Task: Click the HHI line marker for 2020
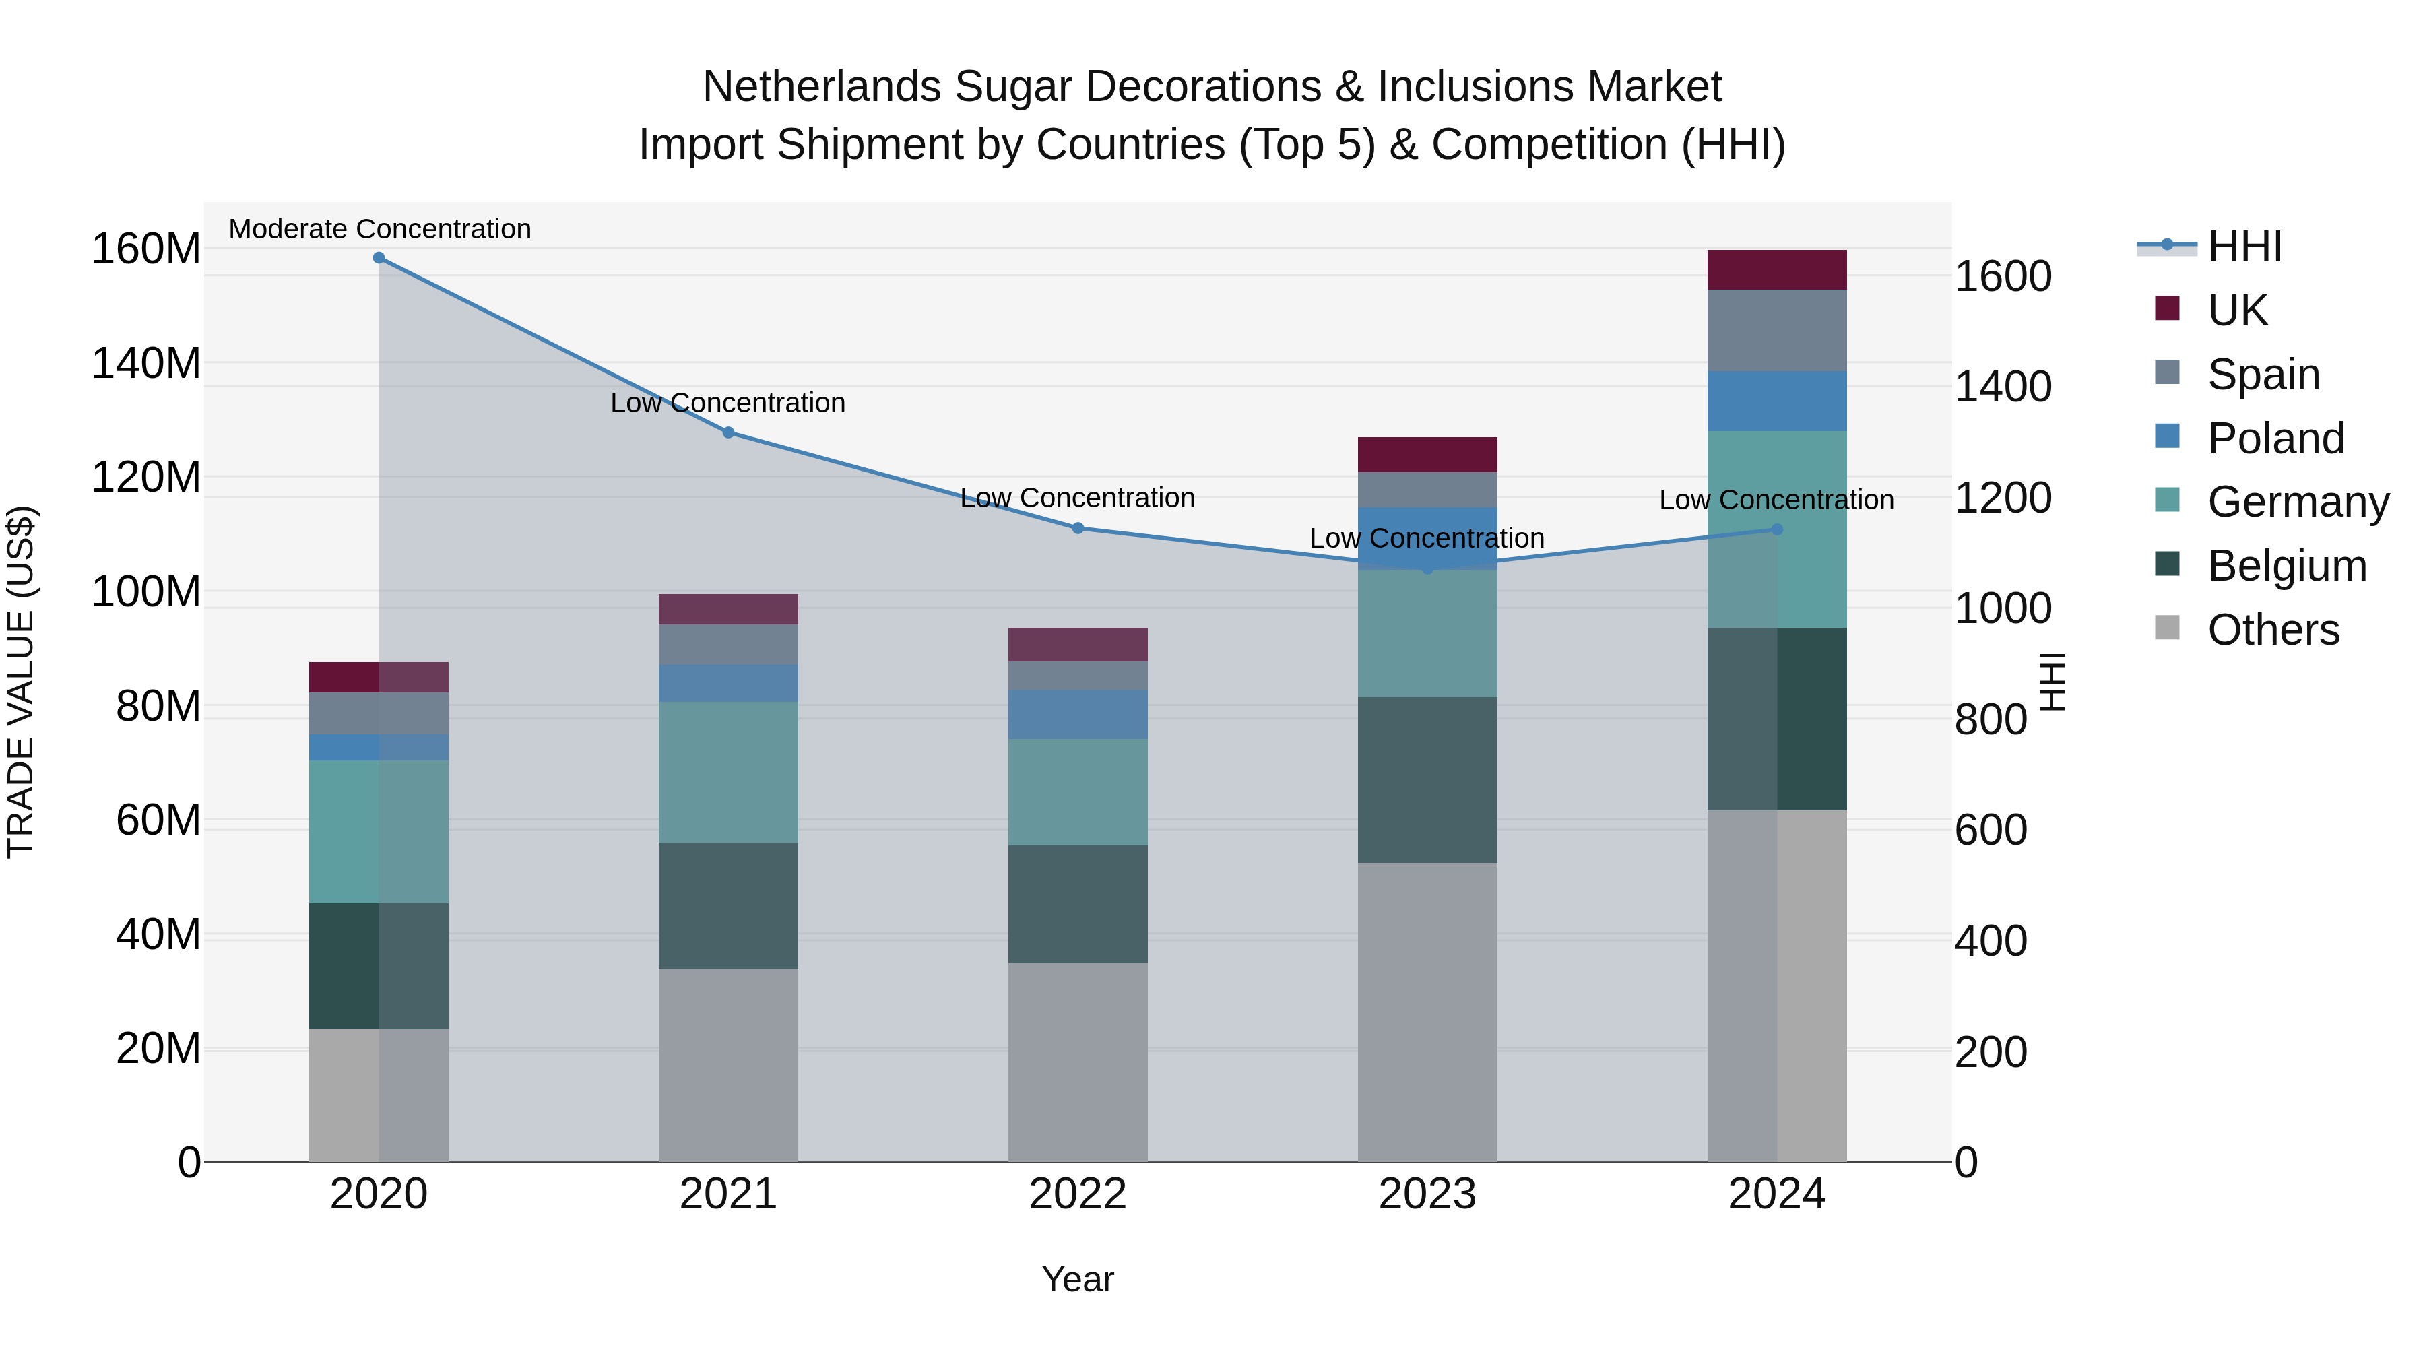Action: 379,258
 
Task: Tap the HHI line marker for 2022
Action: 1078,528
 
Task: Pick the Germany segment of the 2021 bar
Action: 727,772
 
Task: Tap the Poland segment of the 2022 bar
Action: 1078,715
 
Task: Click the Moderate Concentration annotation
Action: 379,229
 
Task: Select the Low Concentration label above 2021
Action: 727,403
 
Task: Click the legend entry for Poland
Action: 2275,438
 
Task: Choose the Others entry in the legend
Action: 2273,630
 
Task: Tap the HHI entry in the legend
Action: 2244,247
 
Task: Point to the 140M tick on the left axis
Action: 146,363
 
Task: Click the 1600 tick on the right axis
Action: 2003,277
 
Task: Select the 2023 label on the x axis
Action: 1427,1194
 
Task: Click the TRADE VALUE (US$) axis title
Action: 21,682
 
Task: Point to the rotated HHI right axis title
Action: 2052,682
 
